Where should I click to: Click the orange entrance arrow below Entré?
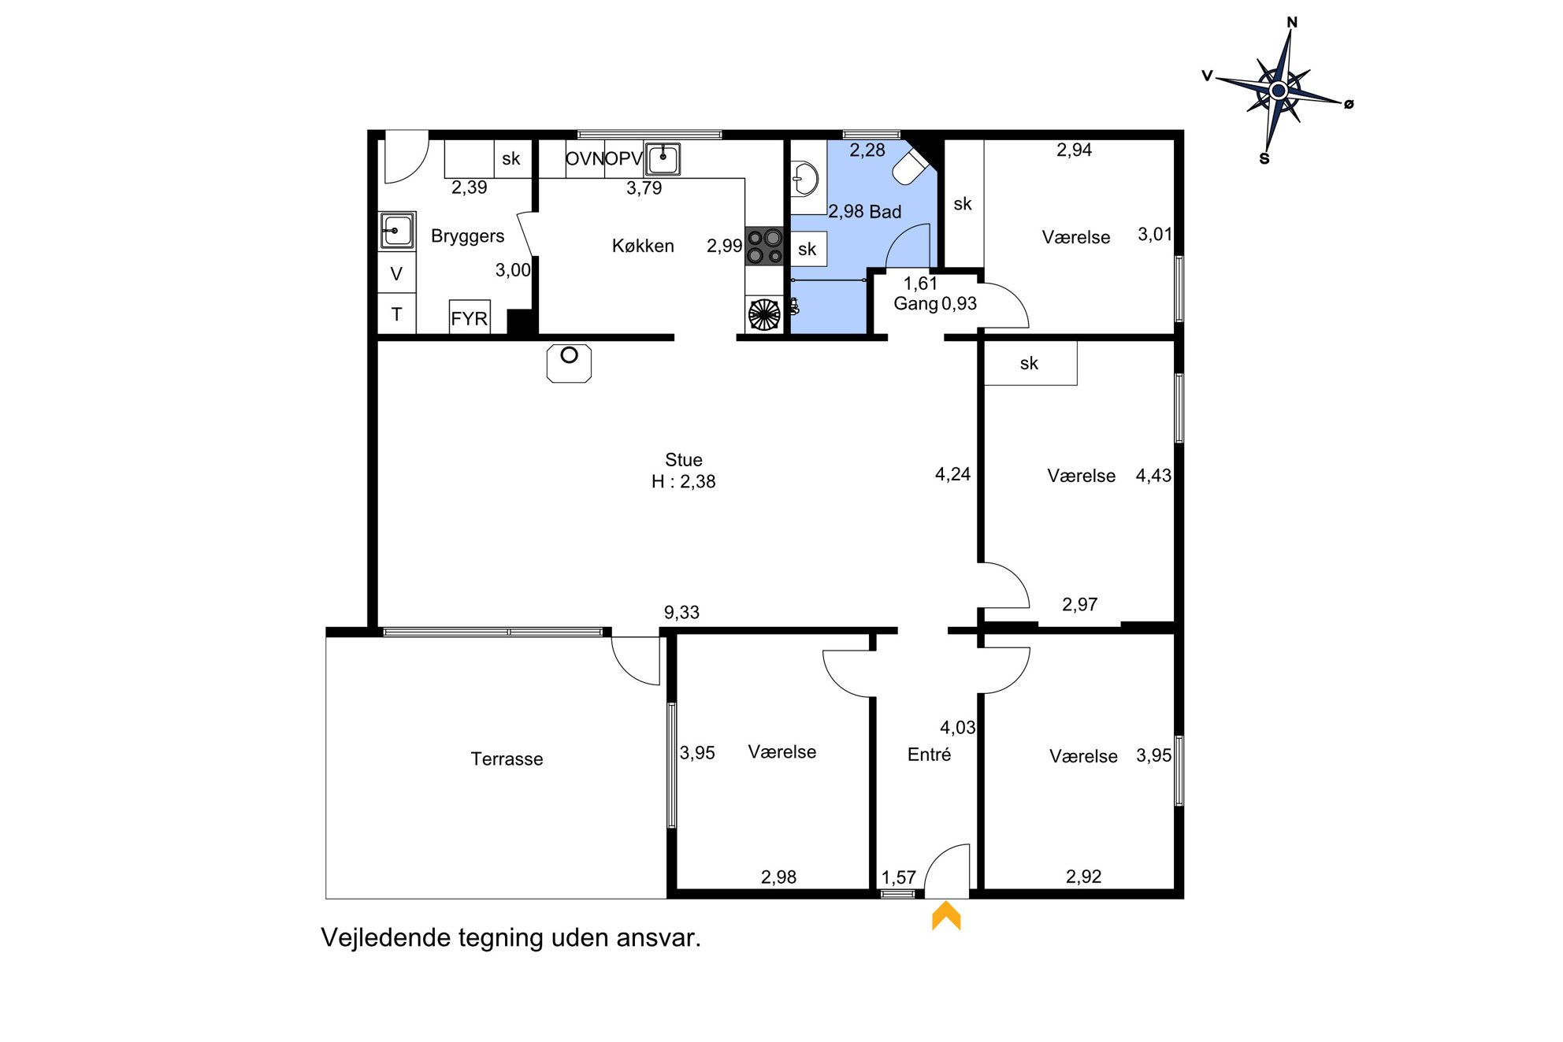coord(946,916)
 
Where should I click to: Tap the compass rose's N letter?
coord(1292,22)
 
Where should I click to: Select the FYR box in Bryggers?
coord(470,317)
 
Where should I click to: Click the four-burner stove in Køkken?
coord(764,246)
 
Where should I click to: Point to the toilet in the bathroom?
coord(913,163)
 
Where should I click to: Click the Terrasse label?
coord(507,758)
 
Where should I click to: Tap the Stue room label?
coord(683,460)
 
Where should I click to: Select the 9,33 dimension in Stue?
coord(681,612)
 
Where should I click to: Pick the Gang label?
coord(915,304)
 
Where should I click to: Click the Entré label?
coord(929,755)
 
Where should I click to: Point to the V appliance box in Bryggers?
coord(397,273)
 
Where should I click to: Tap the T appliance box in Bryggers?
coord(397,314)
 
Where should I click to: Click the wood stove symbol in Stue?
coord(569,363)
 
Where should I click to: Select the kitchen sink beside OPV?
coord(663,158)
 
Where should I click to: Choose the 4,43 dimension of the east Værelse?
coord(1153,475)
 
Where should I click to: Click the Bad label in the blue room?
coord(885,212)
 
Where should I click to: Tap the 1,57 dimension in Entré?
coord(898,877)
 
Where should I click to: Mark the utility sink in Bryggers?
coord(397,231)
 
